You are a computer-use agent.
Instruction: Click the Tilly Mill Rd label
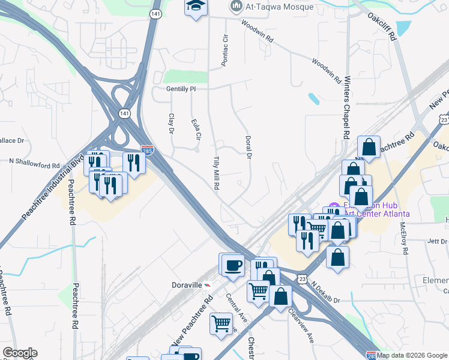click(x=216, y=173)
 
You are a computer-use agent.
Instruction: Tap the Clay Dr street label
click(x=171, y=123)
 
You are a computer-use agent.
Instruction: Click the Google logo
click(x=20, y=353)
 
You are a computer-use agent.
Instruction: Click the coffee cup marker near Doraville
click(x=233, y=265)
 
